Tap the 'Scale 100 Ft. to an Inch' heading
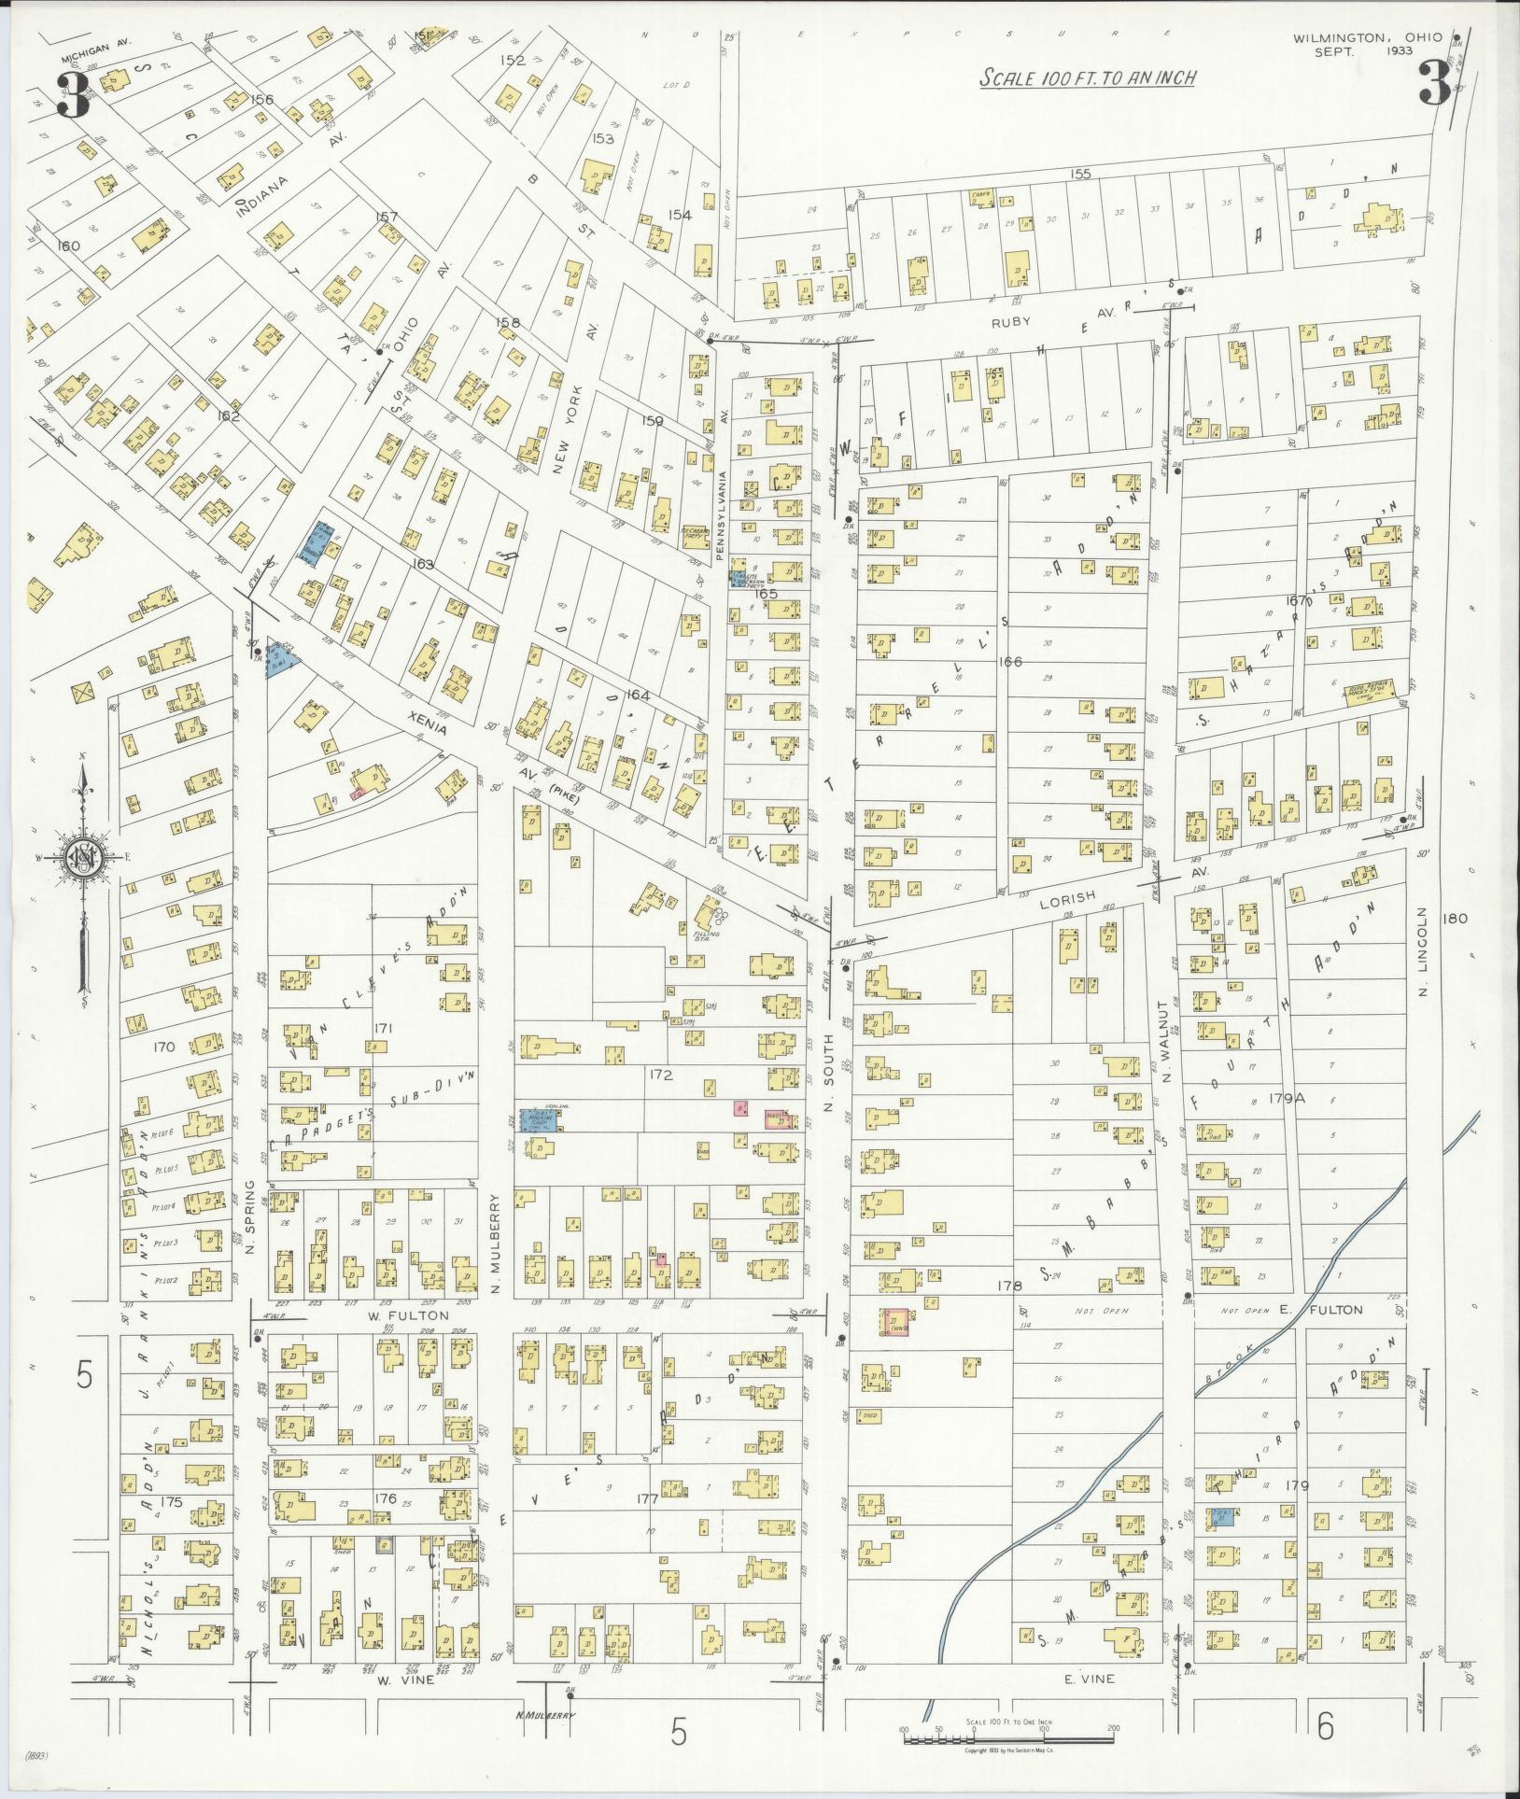(1088, 78)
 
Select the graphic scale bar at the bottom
(1008, 1738)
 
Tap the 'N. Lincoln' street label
(1424, 951)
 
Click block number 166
(1010, 661)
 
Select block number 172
(661, 1075)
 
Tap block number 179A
(1286, 1099)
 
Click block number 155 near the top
(1081, 174)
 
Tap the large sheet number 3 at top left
(73, 96)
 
